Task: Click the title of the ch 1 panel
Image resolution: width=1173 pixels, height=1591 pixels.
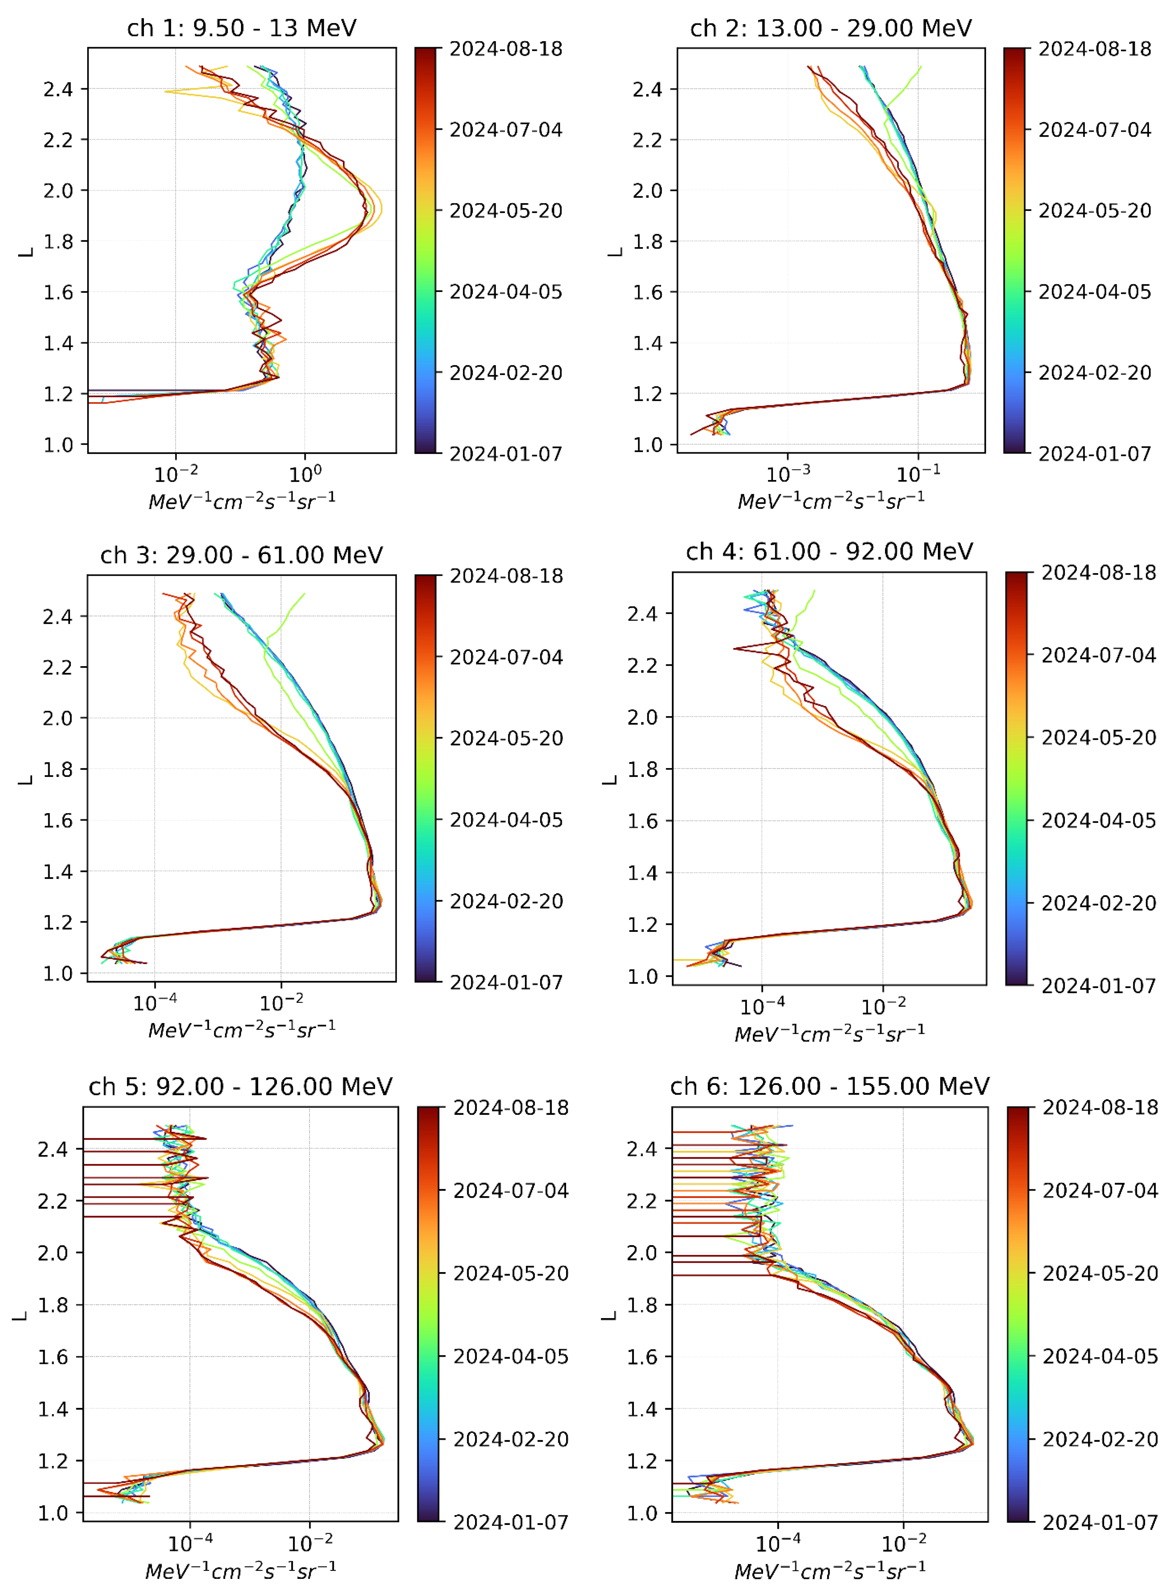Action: coord(241,28)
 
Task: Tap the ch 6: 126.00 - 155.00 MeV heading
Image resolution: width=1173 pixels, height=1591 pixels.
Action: coord(829,1086)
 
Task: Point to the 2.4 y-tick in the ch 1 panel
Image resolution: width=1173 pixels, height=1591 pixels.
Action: coord(58,89)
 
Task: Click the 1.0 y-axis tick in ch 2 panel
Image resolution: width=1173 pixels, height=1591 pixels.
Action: coord(648,445)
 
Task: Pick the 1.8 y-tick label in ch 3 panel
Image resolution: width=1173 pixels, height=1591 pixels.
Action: coord(58,770)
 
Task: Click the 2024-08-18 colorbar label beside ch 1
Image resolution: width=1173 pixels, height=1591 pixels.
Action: coord(506,49)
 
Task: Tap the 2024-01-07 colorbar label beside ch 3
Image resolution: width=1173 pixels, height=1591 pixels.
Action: coord(506,982)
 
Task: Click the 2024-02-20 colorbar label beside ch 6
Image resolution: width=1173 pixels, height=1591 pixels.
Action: coord(1100,1439)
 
